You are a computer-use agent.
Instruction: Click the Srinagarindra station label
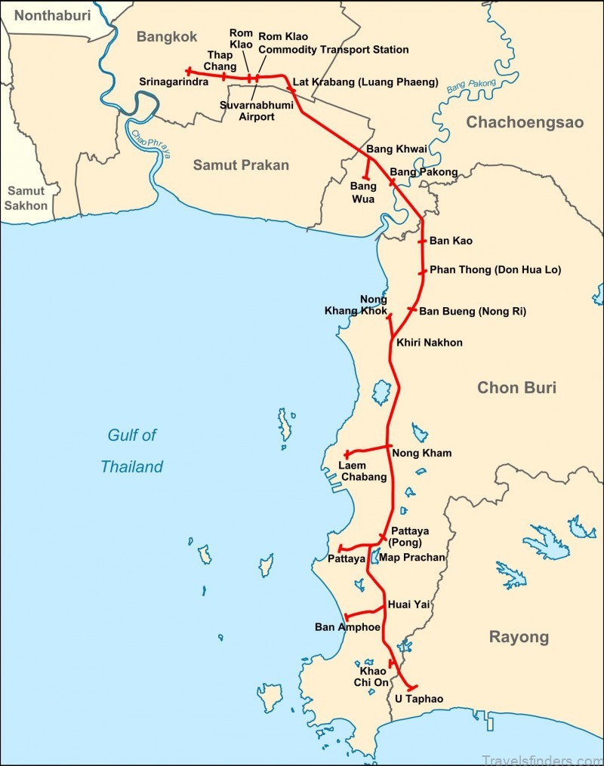(174, 82)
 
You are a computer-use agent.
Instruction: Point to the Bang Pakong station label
(424, 172)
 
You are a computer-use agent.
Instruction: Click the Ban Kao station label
(451, 241)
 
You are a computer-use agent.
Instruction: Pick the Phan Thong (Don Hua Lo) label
(495, 269)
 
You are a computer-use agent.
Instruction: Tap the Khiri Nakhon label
(429, 343)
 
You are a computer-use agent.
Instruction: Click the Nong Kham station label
(421, 453)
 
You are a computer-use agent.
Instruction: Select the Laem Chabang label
(362, 471)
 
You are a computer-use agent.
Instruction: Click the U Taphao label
(419, 700)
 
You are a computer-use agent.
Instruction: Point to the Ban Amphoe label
(345, 627)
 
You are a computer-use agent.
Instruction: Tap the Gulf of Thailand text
(132, 451)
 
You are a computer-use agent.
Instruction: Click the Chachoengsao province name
(524, 122)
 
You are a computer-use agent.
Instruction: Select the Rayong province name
(519, 637)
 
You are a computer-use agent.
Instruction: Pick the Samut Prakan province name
(241, 165)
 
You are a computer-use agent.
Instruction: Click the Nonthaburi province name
(51, 15)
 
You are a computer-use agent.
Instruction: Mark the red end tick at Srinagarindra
(188, 72)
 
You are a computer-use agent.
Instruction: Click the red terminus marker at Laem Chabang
(347, 454)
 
